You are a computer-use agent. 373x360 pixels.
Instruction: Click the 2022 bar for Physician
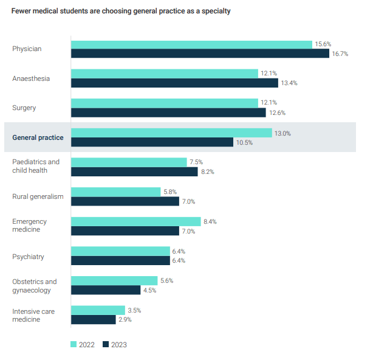tap(191, 44)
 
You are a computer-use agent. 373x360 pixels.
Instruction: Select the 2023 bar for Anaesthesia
tap(174, 83)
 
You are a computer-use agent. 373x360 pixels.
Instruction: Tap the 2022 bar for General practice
tap(171, 133)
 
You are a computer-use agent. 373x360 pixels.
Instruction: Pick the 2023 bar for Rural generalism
tap(125, 201)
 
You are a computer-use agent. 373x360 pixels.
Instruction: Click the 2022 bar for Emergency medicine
tap(135, 221)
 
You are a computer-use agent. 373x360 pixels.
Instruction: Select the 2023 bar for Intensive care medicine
tap(94, 319)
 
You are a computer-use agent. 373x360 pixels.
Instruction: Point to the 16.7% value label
tap(340, 54)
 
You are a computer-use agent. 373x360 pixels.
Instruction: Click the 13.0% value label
tap(282, 133)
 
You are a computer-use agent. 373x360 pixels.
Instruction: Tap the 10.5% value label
tap(244, 142)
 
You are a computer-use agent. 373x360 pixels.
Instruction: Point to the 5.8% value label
tap(169, 192)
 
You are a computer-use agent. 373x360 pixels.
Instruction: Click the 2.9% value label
tap(125, 319)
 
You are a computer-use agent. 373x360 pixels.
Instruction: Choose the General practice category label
tap(38, 138)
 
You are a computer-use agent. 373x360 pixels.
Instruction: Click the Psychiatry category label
tap(28, 257)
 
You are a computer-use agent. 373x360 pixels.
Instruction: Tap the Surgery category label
tap(24, 108)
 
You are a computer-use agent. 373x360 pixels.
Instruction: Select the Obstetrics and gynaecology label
tap(35, 286)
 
